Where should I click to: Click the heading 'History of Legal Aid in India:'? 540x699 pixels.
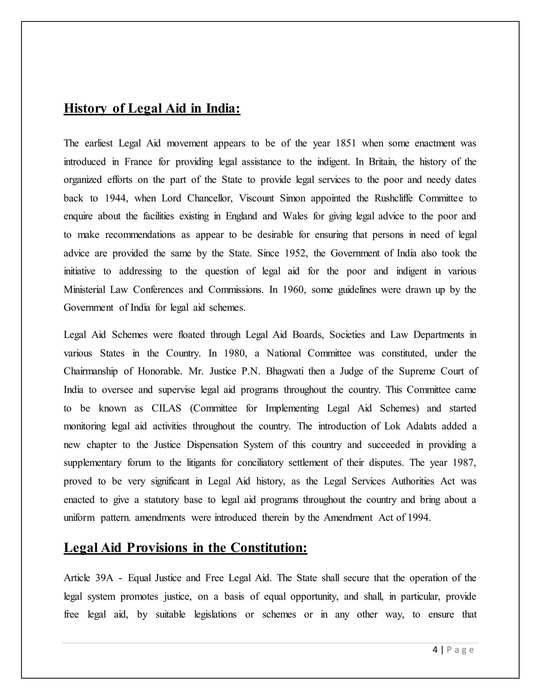click(x=152, y=108)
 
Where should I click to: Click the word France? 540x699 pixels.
click(x=138, y=162)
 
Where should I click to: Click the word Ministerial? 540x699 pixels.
click(x=84, y=290)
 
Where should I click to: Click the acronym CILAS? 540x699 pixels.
click(x=166, y=408)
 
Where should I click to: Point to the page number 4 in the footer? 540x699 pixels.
click(x=435, y=650)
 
